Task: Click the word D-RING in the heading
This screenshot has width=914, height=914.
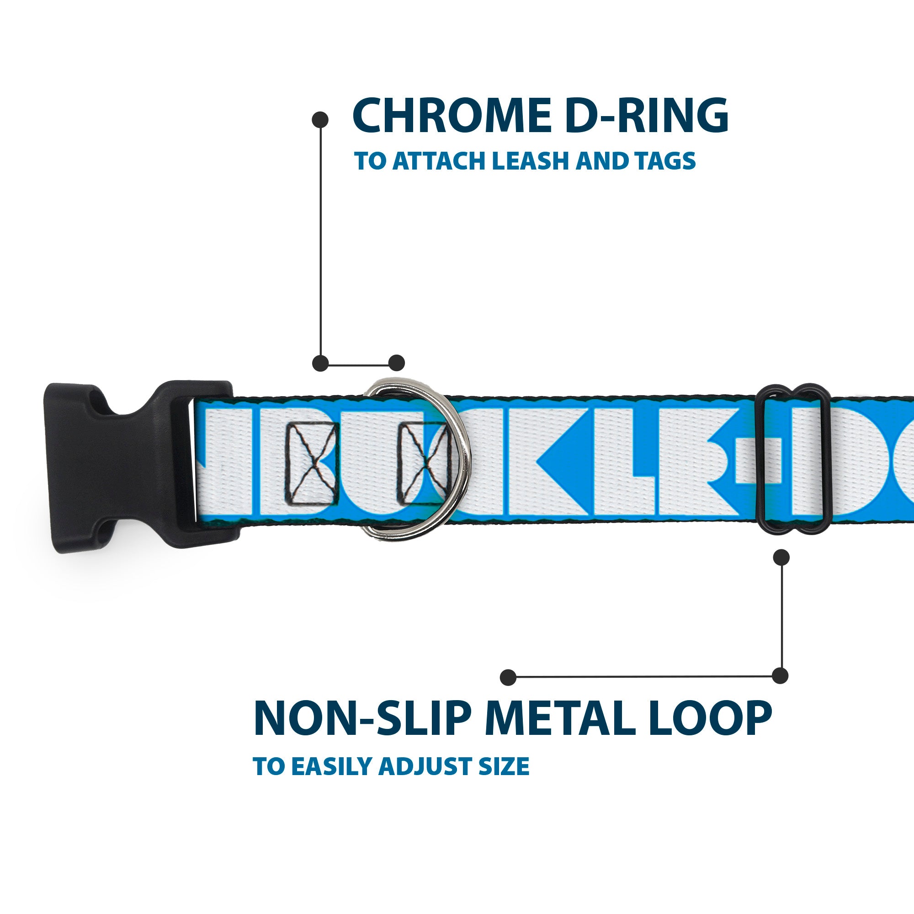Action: point(646,116)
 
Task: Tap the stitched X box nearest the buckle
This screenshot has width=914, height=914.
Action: point(312,462)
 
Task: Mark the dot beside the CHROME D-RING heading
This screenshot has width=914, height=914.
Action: point(320,120)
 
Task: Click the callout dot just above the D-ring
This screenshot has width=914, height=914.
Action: point(396,363)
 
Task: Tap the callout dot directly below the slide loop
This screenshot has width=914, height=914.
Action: point(781,557)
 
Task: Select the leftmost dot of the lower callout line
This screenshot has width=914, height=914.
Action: point(508,677)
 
